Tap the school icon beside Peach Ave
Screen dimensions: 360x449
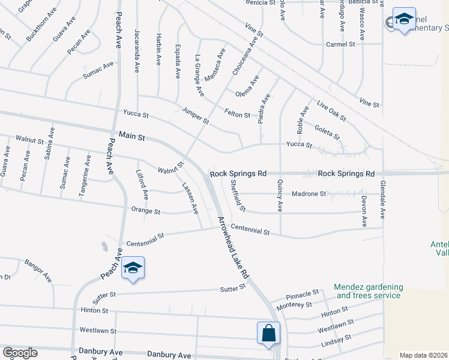coord(133,268)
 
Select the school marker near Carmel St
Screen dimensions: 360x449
coord(404,20)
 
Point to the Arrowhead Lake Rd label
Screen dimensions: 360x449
coord(234,247)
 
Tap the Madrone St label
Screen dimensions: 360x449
coord(309,194)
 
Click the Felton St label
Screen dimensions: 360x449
coord(237,113)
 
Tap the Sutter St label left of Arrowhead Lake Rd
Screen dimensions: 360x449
coord(234,288)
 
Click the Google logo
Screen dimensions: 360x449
coord(19,353)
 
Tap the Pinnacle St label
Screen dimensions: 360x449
coord(303,294)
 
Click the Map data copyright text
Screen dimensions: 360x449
coord(423,355)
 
